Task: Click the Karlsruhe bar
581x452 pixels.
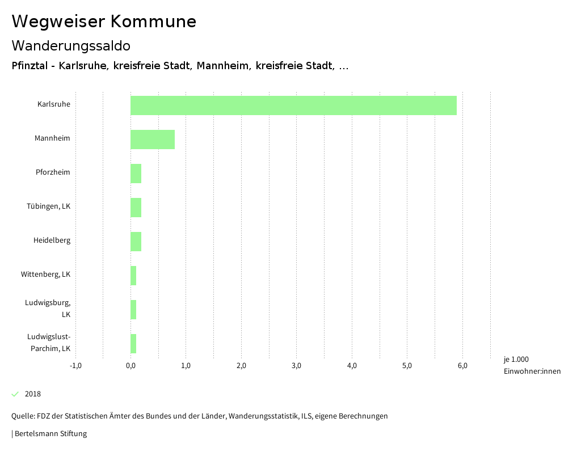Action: (293, 105)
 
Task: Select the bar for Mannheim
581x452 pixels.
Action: (153, 140)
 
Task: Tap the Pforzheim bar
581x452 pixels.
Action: (136, 174)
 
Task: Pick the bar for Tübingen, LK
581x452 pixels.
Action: (136, 208)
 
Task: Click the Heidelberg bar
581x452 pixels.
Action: (136, 242)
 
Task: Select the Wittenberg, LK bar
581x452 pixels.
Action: (133, 276)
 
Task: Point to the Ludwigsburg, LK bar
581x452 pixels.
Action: (133, 310)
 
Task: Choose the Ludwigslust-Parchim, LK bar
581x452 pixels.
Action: (133, 344)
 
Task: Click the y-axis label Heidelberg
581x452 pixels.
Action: (52, 240)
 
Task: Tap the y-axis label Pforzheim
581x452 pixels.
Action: (53, 172)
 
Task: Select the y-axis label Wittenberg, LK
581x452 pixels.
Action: (45, 274)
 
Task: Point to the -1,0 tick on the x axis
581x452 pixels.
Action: (75, 366)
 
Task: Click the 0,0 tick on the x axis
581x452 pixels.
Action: (130, 366)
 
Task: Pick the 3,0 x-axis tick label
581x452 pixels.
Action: (296, 366)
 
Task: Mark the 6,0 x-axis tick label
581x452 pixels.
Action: (462, 366)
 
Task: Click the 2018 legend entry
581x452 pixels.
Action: (33, 394)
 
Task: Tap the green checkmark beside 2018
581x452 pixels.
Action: (15, 394)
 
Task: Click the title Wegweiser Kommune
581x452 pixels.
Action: (104, 22)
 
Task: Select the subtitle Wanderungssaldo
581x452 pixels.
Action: (71, 46)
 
